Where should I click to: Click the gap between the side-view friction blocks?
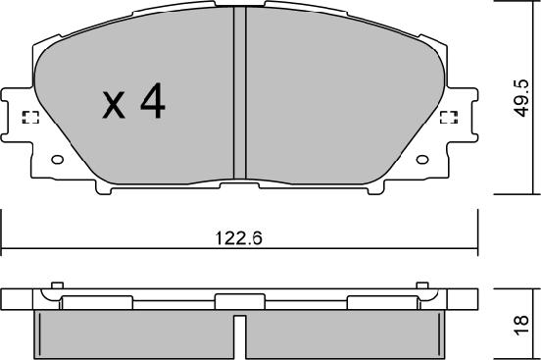(237, 335)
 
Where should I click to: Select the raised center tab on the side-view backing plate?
(237, 301)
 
